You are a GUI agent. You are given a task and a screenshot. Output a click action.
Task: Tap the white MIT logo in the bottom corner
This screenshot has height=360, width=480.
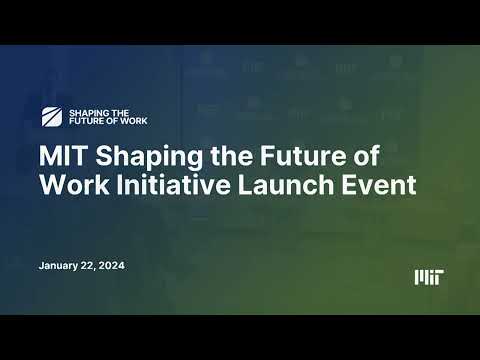(429, 276)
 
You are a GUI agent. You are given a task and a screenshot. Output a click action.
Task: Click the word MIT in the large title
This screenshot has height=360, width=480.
(62, 158)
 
